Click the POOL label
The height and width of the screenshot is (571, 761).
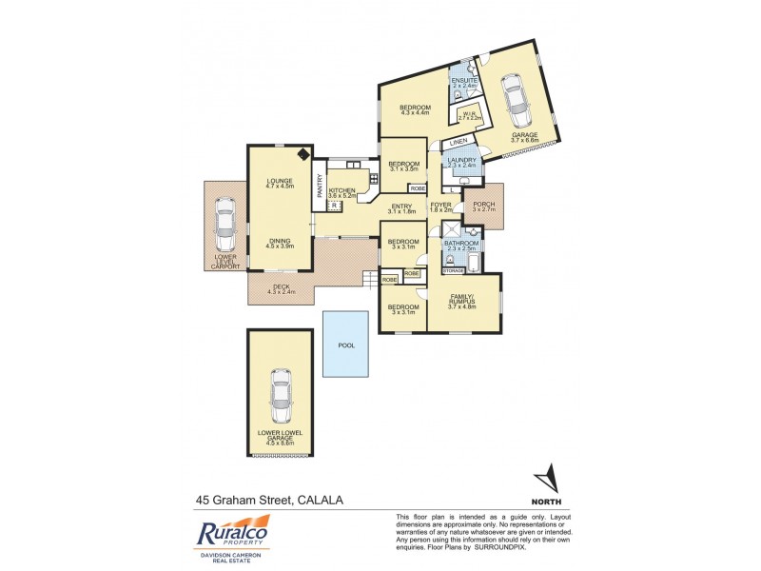(x=345, y=345)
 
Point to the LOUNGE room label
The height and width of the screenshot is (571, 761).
(x=280, y=181)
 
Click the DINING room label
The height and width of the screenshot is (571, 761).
(x=280, y=242)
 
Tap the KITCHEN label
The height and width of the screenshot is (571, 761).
(x=342, y=190)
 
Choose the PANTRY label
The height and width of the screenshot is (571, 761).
(x=320, y=185)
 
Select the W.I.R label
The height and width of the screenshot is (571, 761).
(x=468, y=113)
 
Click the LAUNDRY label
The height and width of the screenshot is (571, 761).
(x=461, y=160)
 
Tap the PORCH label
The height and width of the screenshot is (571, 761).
(x=484, y=203)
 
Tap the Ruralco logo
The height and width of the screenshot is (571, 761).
(x=234, y=534)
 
